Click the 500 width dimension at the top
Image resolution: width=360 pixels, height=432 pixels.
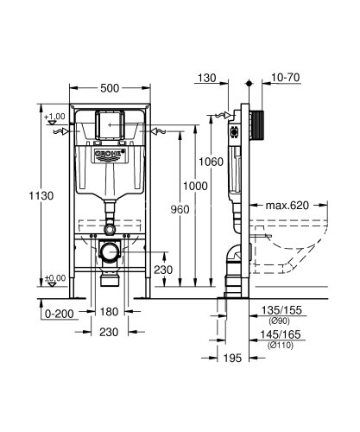[110, 87]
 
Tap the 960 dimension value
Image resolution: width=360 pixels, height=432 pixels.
[178, 208]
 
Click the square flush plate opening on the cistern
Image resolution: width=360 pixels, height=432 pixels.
[109, 124]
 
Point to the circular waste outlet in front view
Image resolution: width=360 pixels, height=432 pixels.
[109, 253]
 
